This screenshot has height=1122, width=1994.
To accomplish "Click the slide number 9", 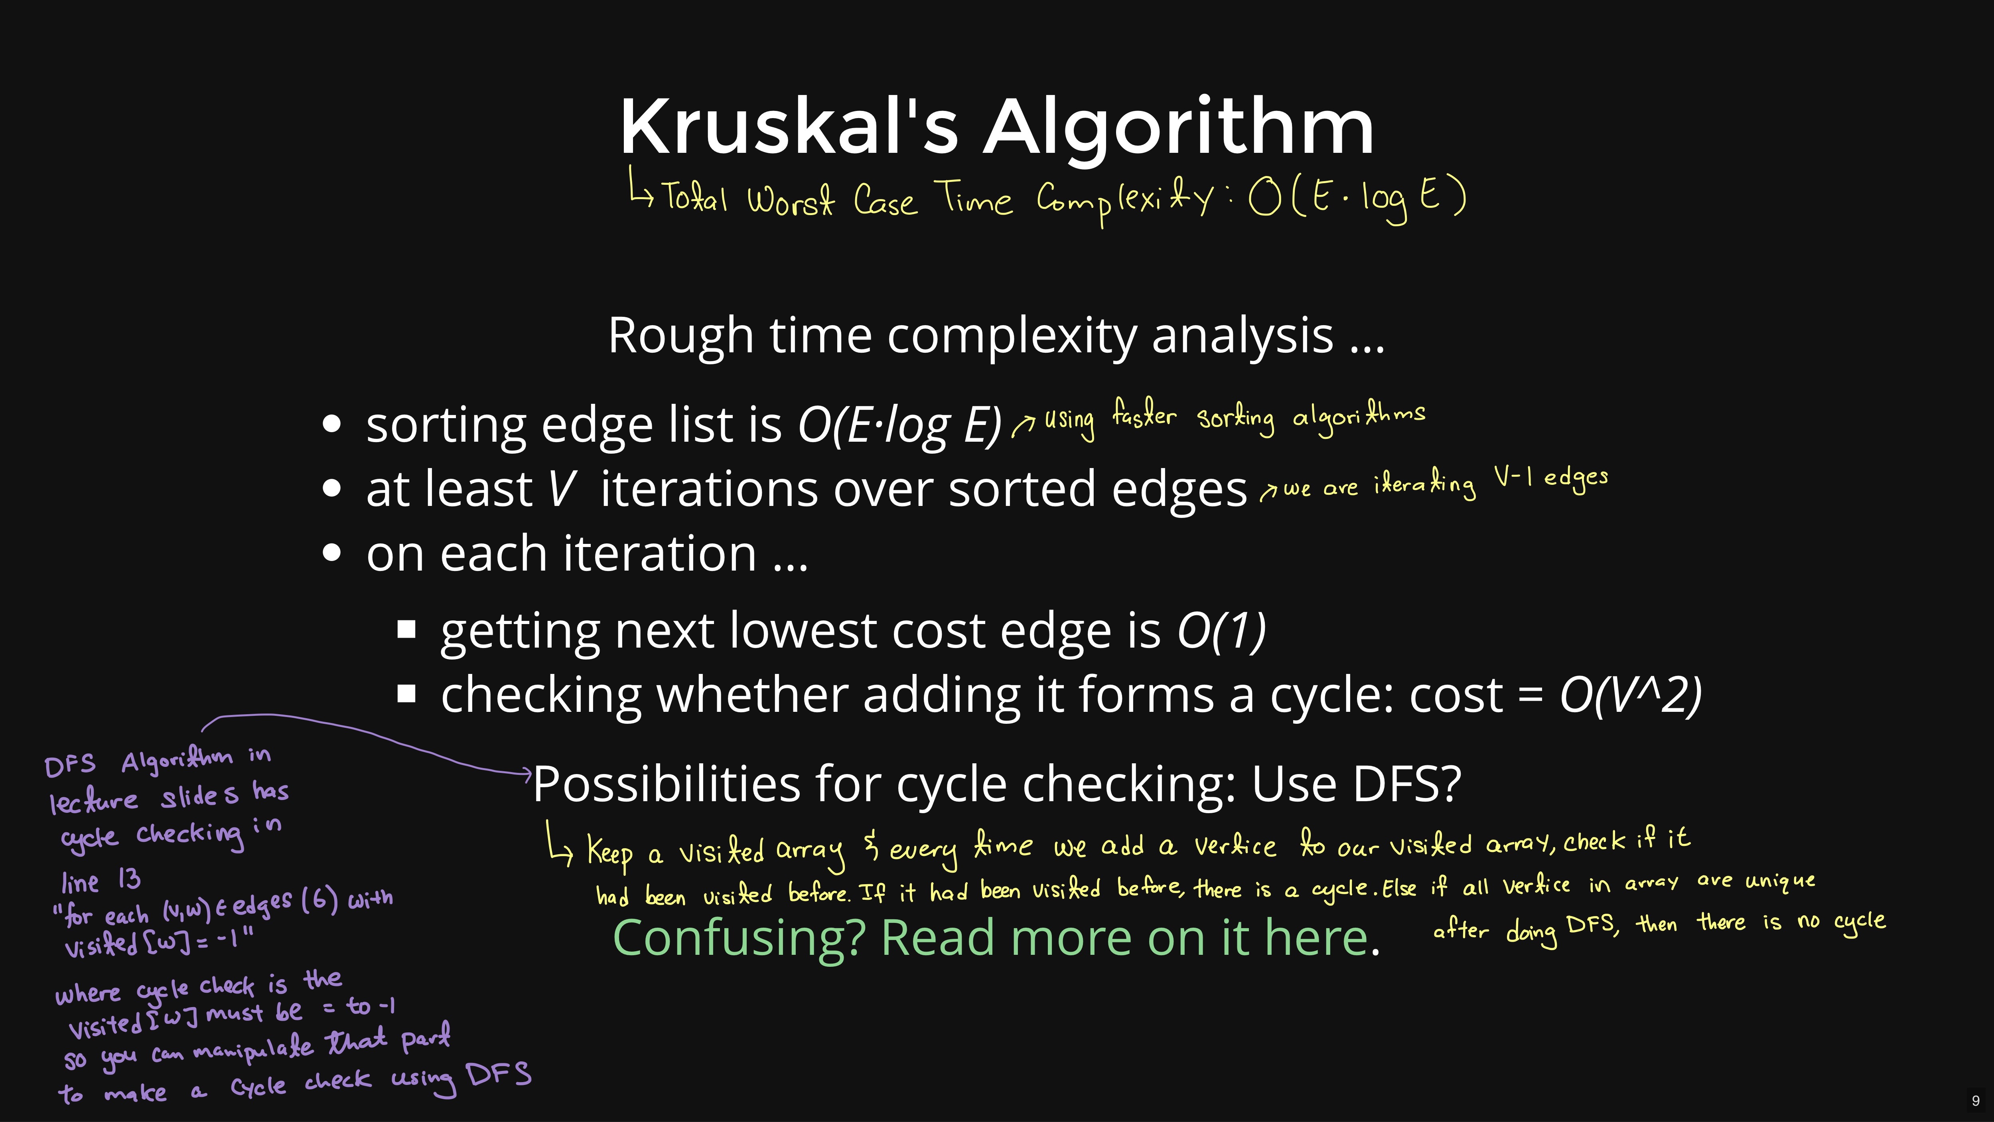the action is (x=1975, y=1100).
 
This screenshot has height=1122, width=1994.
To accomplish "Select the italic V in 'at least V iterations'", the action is (x=562, y=489).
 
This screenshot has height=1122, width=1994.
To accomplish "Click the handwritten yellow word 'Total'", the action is (x=694, y=196).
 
